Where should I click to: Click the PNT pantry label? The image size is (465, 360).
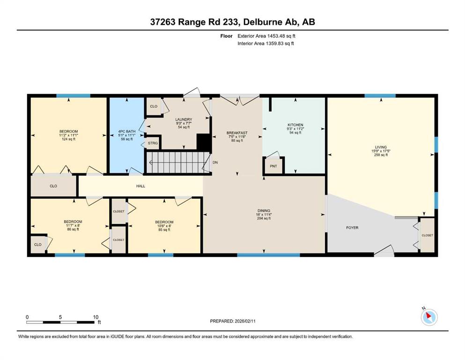[x=273, y=166]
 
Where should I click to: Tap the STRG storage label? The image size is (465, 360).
[x=153, y=143]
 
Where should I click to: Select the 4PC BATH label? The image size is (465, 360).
[x=126, y=131]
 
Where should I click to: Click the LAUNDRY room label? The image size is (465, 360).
[x=184, y=120]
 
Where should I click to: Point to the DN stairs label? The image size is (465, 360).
[x=215, y=162]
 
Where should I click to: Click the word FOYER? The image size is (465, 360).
[x=352, y=228]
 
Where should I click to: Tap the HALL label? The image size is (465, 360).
[x=140, y=186]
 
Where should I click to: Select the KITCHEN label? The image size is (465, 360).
[x=295, y=125]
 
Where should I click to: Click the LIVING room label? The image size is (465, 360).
[x=381, y=147]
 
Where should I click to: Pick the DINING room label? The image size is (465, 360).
[x=264, y=211]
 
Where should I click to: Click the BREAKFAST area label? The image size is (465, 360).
[x=237, y=133]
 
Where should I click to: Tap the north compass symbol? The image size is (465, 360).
[x=429, y=317]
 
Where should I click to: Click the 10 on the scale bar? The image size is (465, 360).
[x=96, y=317]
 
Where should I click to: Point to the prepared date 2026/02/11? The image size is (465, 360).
[x=245, y=321]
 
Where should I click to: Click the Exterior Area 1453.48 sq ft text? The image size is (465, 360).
[x=266, y=36]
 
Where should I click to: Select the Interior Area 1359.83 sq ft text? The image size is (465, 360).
[x=266, y=43]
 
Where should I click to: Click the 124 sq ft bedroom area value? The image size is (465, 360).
[x=68, y=139]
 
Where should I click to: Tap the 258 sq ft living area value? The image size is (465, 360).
[x=381, y=155]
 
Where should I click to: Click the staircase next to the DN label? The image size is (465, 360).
[x=177, y=162]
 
